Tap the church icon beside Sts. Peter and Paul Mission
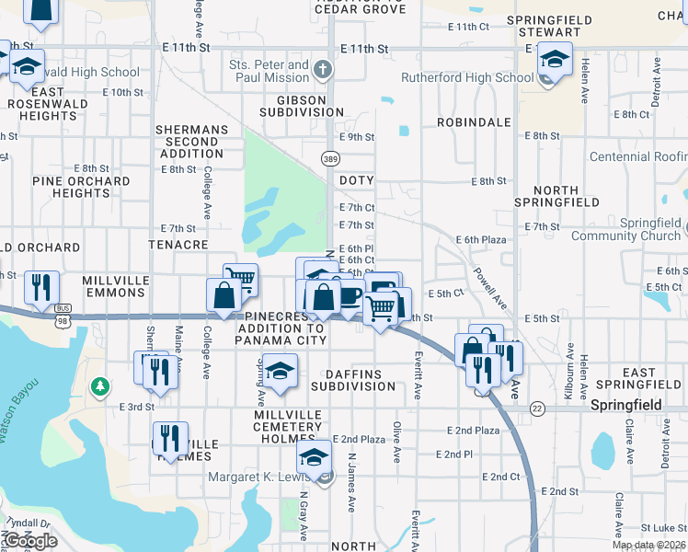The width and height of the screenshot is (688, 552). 322,69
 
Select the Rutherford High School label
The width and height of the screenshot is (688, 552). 467,78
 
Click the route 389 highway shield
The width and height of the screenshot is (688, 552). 330,159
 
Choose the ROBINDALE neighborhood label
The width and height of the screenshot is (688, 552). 474,121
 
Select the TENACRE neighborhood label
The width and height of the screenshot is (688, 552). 178,246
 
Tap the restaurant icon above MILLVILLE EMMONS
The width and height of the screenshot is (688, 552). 40,284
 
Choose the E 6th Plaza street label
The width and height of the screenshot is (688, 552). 482,239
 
